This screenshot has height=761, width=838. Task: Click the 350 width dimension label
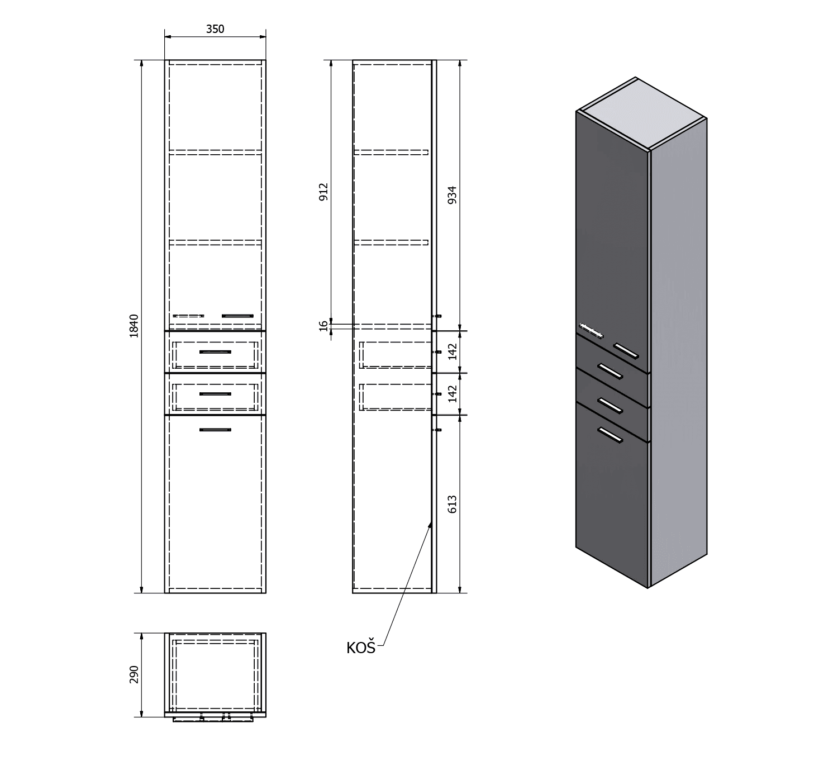coord(215,29)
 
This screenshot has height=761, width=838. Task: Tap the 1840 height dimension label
coord(134,326)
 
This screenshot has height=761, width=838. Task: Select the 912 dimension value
coord(324,192)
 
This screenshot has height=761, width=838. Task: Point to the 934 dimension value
coord(452,195)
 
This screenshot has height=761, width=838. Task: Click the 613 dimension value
coord(452,504)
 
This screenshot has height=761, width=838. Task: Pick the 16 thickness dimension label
coord(324,326)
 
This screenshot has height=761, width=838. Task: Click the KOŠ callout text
coord(361,648)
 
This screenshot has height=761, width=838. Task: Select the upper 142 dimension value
coord(453,352)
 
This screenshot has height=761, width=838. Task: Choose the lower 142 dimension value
coord(453,394)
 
